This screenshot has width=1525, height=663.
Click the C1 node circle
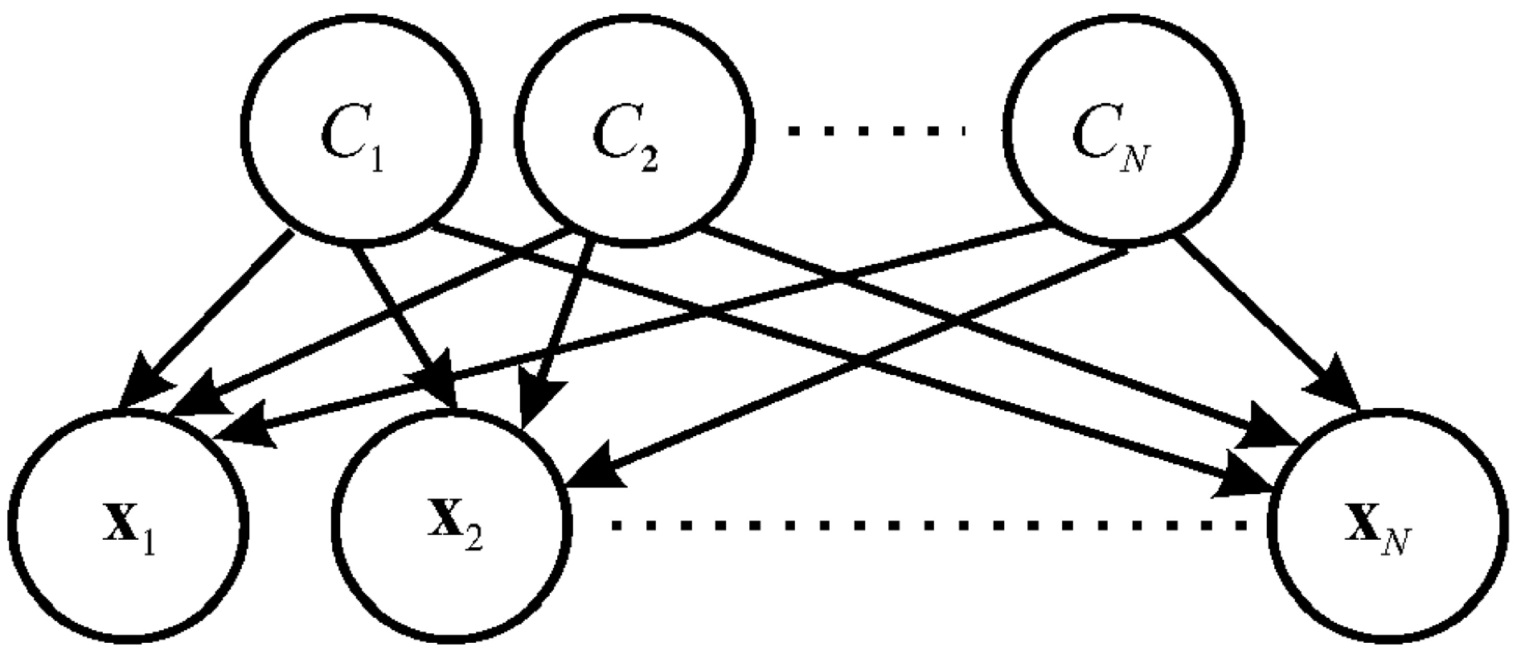pyautogui.click(x=361, y=129)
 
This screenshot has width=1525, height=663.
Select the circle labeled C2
pyautogui.click(x=634, y=129)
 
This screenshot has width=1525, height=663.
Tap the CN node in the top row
pyautogui.click(x=1121, y=129)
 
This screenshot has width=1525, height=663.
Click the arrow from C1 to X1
pyautogui.click(x=217, y=314)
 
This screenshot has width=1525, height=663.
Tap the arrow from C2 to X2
pyautogui.click(x=563, y=322)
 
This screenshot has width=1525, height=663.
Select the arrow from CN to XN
pyautogui.click(x=1254, y=314)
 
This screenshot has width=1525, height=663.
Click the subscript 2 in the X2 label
pyautogui.click(x=473, y=540)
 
